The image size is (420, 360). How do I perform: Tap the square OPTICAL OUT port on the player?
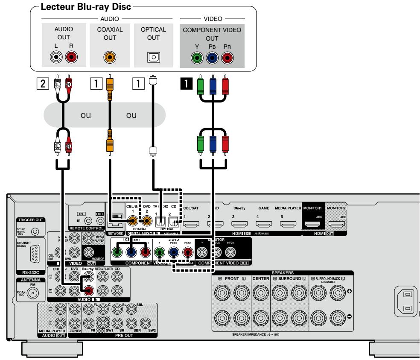click(x=151, y=58)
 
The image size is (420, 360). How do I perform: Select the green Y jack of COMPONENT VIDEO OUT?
click(x=197, y=58)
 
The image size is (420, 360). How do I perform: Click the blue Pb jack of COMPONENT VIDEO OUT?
click(x=212, y=58)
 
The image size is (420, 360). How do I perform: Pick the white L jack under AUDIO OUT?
click(x=56, y=58)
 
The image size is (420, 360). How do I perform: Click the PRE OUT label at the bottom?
click(x=112, y=336)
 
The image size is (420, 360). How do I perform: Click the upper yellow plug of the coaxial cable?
click(x=110, y=81)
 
